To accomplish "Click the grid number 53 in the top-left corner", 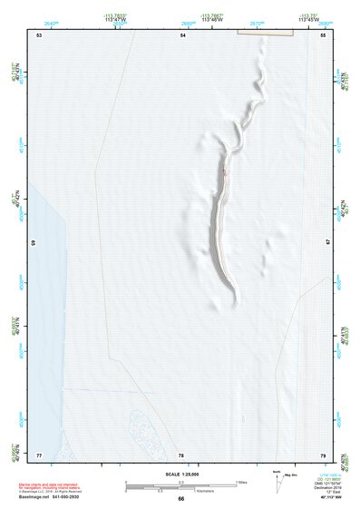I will [39, 34].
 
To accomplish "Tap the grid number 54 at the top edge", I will [183, 34].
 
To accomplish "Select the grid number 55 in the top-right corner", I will [323, 34].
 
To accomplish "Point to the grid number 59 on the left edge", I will [34, 243].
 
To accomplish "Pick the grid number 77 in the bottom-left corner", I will [39, 454].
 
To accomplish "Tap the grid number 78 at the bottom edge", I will [182, 455].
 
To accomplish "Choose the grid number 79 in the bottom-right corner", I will [322, 455].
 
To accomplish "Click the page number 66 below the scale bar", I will [181, 499].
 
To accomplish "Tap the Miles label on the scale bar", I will [242, 481].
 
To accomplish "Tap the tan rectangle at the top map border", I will [266, 32].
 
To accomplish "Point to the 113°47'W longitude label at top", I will [114, 19].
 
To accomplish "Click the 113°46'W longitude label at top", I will [213, 19].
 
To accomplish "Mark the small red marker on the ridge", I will [224, 171].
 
